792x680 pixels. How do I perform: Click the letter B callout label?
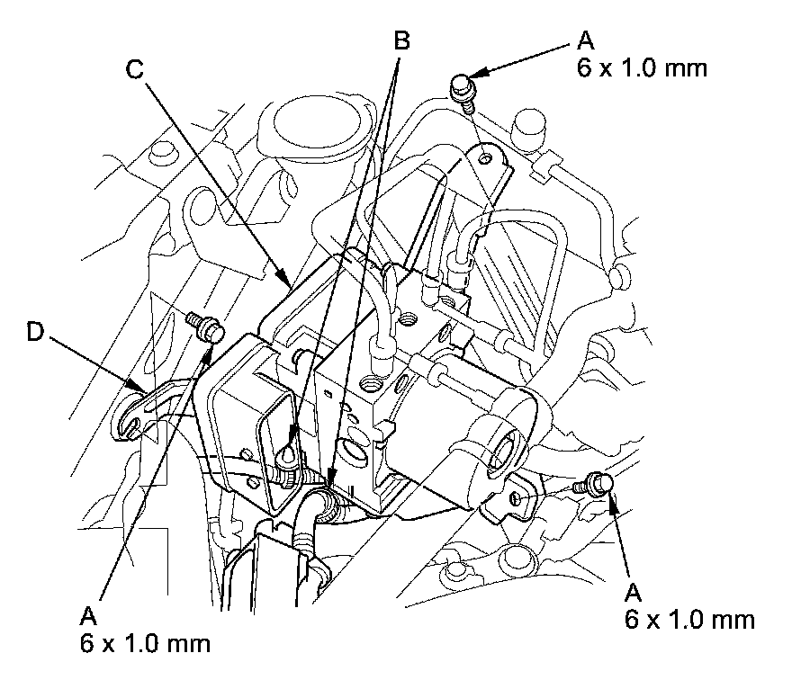pos(401,40)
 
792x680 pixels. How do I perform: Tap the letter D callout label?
pos(34,332)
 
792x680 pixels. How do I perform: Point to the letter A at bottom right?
pos(633,592)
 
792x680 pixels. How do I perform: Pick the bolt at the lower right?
pos(598,483)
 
